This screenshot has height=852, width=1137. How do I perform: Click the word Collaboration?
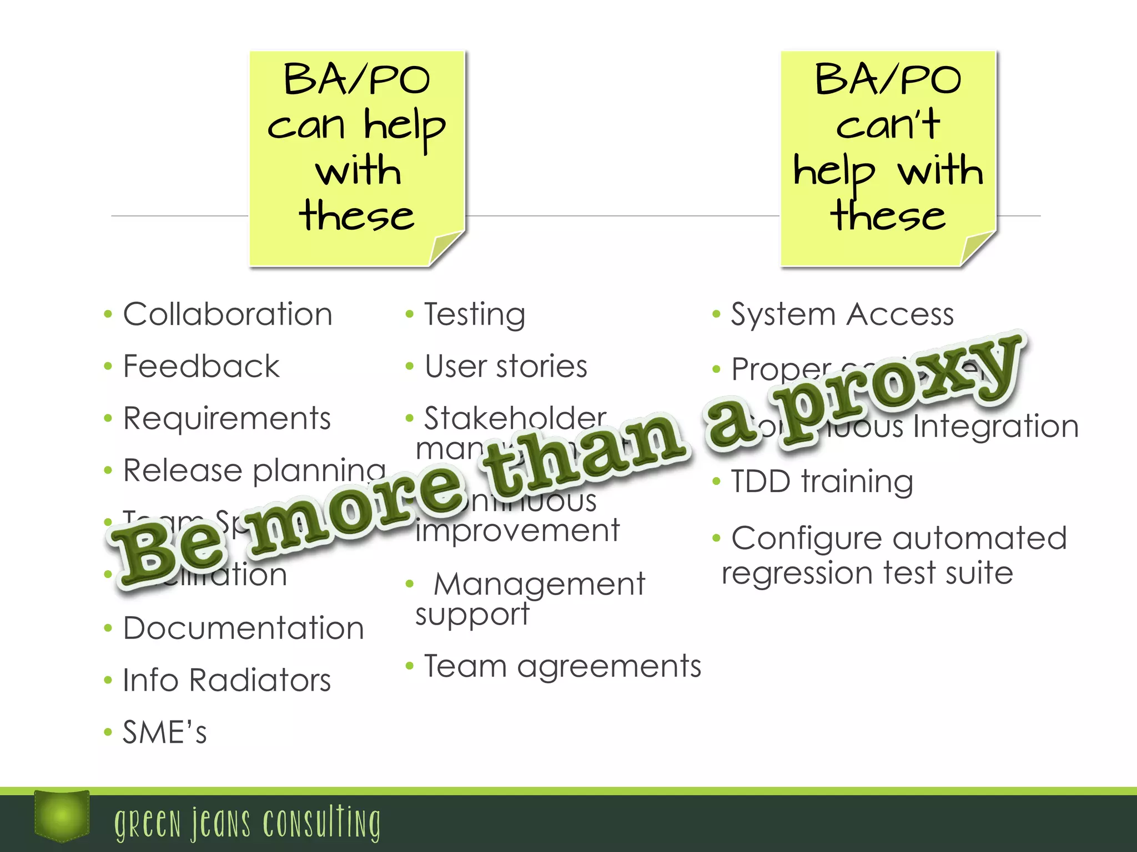(228, 315)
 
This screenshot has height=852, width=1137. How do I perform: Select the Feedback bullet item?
(201, 367)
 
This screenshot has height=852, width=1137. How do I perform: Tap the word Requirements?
(227, 419)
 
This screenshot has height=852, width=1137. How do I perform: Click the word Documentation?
(243, 628)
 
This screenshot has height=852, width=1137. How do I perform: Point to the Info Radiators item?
(227, 681)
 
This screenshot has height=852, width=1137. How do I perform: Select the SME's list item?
(164, 733)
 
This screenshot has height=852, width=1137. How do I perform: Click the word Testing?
(475, 315)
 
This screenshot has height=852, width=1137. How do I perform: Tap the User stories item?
(506, 367)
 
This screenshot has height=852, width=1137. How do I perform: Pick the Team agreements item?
(562, 666)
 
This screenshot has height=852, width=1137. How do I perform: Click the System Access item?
(842, 315)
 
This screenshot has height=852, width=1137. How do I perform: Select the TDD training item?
(822, 481)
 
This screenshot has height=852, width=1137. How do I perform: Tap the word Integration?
(995, 427)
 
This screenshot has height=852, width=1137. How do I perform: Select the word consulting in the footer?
(322, 823)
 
